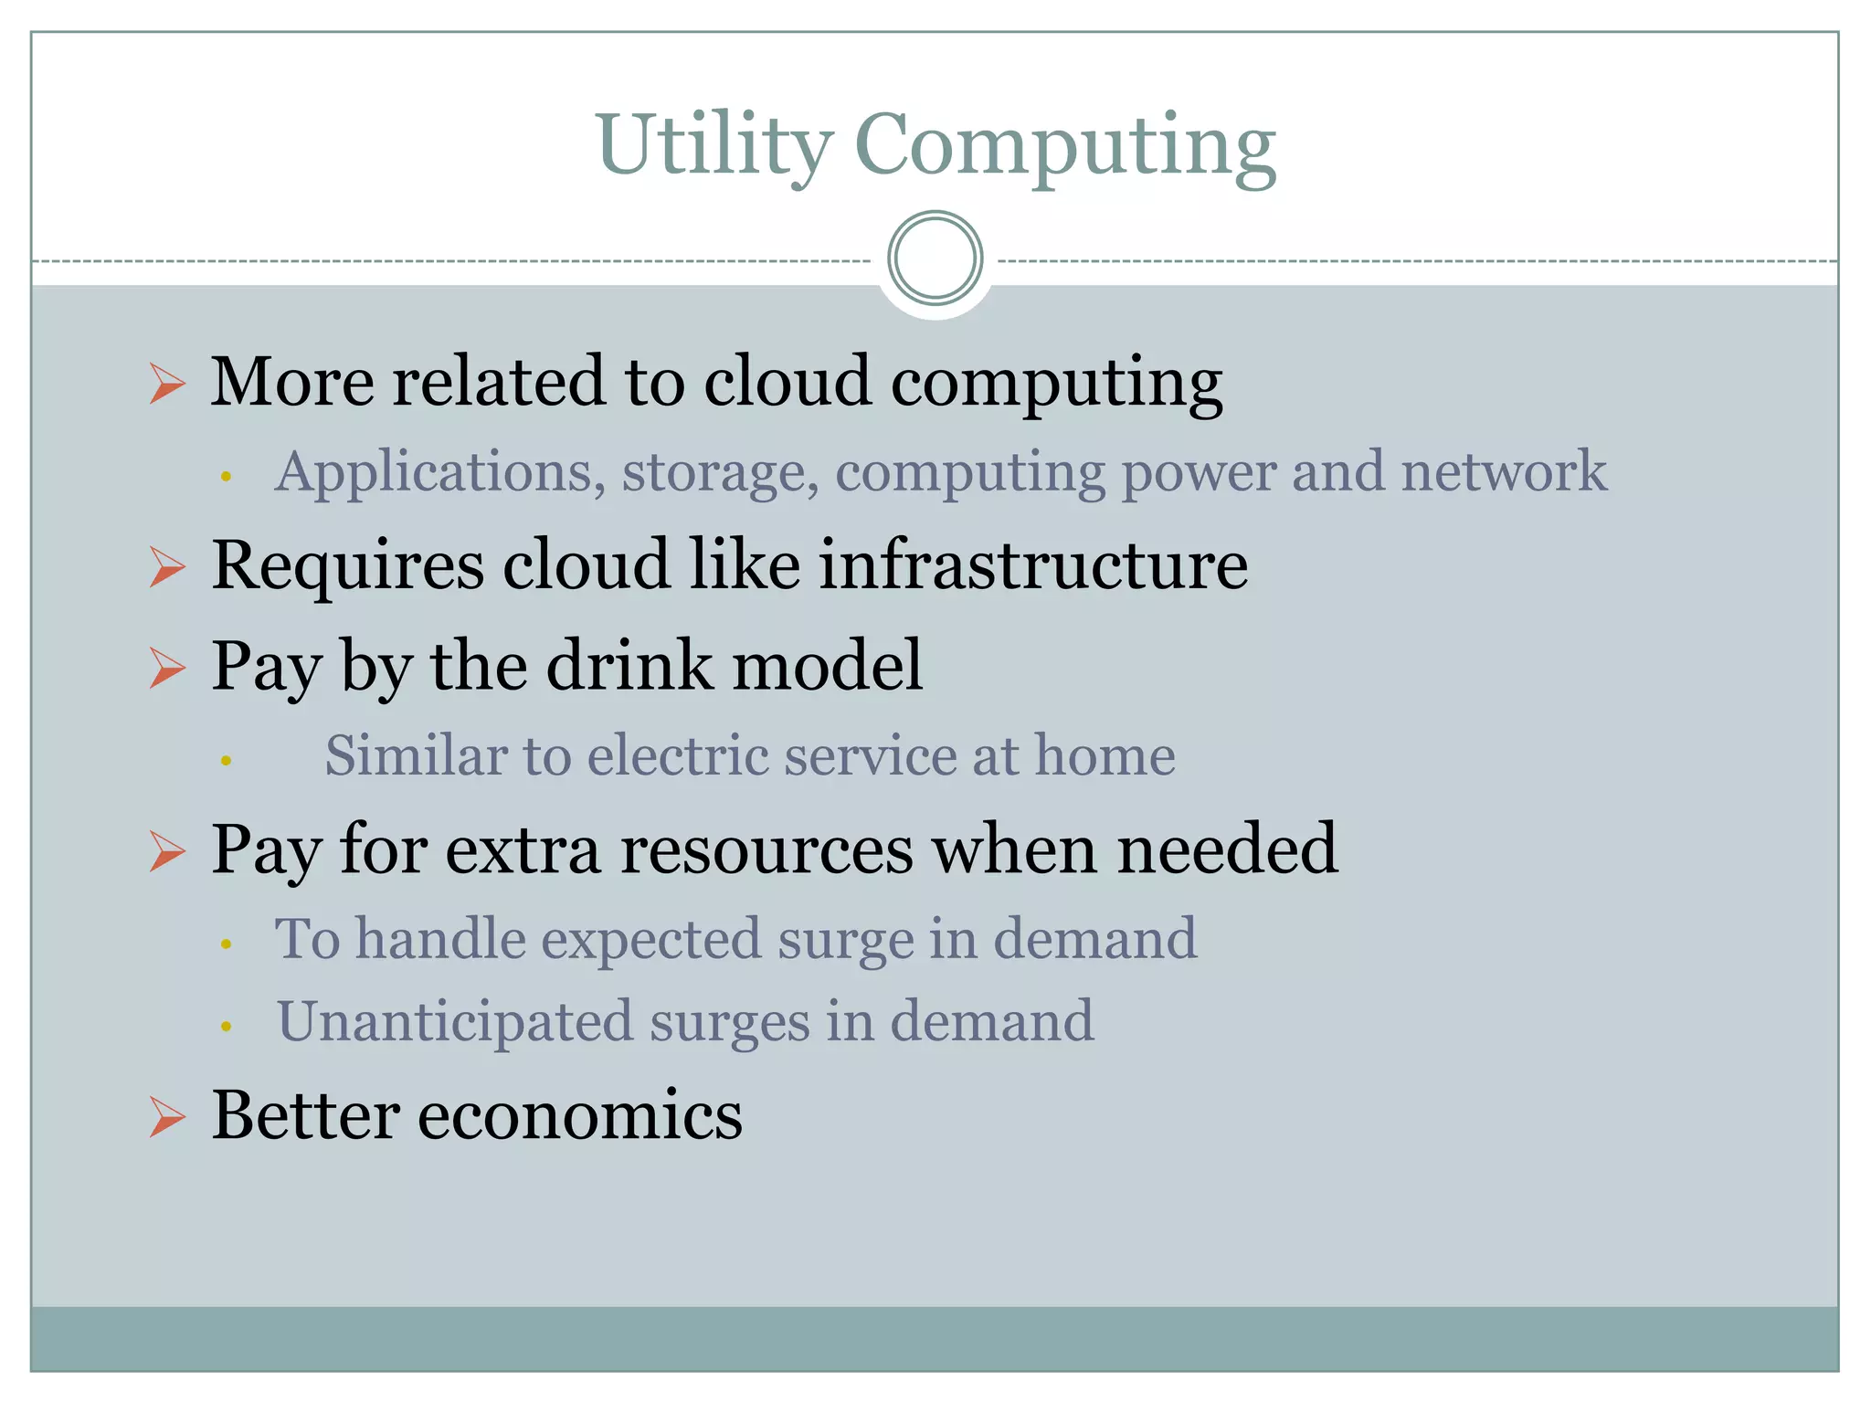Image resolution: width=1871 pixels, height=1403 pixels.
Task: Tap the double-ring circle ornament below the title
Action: pos(935,258)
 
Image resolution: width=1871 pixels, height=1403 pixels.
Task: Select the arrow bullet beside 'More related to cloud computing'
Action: pos(167,383)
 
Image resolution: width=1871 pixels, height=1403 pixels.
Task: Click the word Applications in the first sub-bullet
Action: pos(439,473)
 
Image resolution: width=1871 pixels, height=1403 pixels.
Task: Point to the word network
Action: pos(1504,471)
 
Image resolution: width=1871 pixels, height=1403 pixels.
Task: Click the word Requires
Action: pos(347,566)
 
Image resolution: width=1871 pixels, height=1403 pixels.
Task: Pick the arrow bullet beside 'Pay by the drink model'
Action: pos(167,668)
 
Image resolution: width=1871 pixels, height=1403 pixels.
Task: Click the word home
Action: pos(1105,756)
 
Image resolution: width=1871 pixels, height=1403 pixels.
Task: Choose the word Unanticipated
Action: pos(454,1021)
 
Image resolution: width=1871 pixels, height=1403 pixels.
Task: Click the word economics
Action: pos(580,1116)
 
